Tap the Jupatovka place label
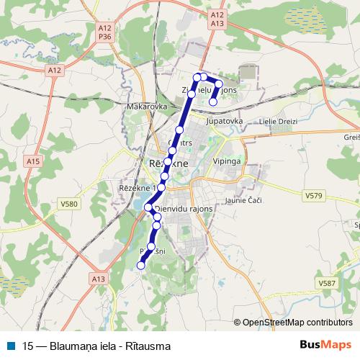click(224, 122)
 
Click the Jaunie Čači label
click(240, 201)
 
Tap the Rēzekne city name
click(167, 163)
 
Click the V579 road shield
click(313, 195)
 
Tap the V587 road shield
click(327, 284)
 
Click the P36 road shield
click(104, 35)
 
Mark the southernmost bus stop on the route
click(140, 266)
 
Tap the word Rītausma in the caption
click(150, 346)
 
